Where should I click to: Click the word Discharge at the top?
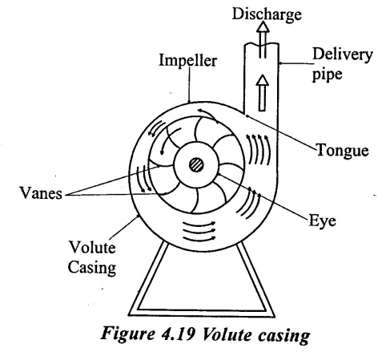(x=267, y=14)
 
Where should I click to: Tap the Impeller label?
(x=187, y=60)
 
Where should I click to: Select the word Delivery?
(x=343, y=55)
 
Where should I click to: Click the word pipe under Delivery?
(x=328, y=74)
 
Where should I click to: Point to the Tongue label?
(x=343, y=151)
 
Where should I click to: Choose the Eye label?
(x=322, y=221)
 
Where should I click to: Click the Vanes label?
(x=41, y=193)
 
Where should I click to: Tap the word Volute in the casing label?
(x=92, y=247)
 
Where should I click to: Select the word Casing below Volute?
(x=92, y=268)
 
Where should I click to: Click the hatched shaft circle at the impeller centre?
(x=196, y=165)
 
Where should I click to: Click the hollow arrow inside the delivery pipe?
(x=263, y=92)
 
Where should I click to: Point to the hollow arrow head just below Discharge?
(x=263, y=27)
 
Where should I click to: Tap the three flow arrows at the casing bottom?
(x=199, y=230)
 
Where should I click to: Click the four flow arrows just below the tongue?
(x=258, y=149)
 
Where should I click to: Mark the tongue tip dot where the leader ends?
(x=247, y=115)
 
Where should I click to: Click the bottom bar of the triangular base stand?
(x=202, y=313)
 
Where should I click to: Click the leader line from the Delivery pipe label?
(x=296, y=63)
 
